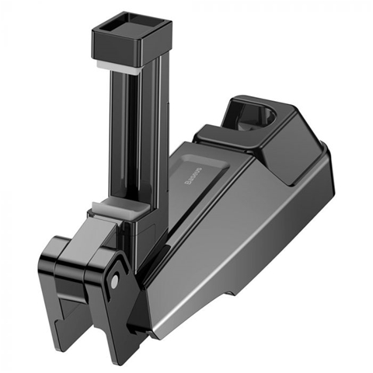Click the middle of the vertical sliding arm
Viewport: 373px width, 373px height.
pyautogui.click(x=124, y=140)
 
